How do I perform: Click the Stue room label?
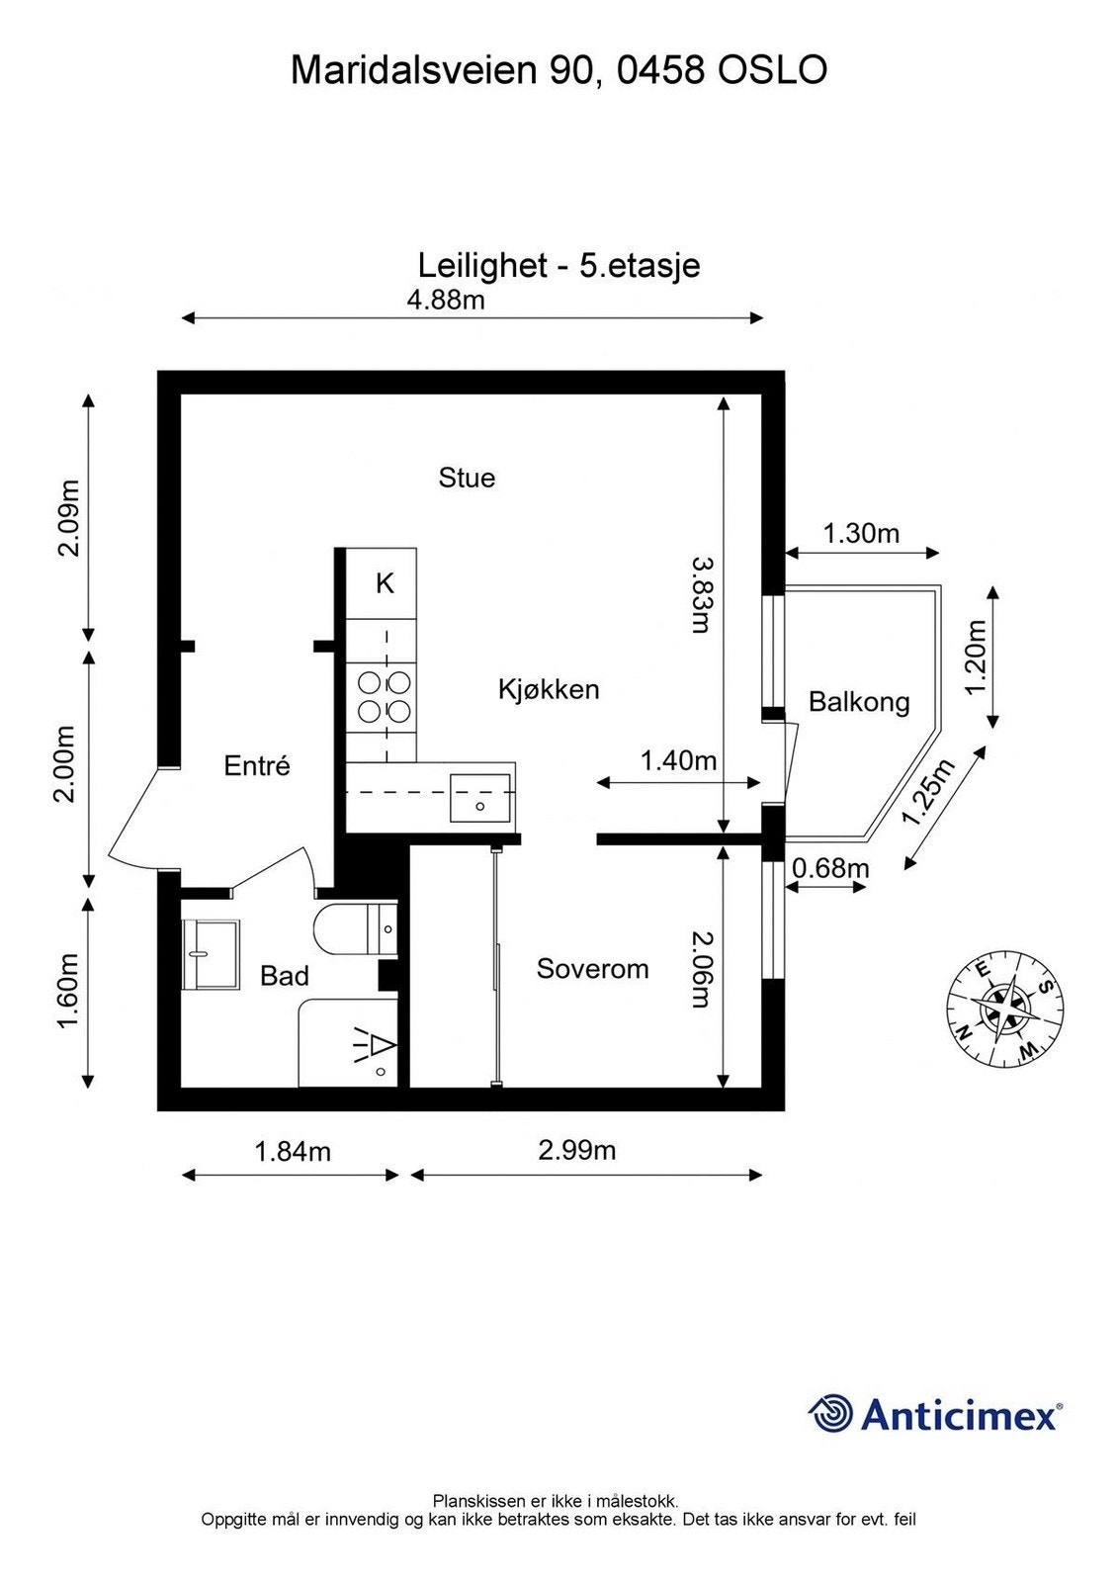467,479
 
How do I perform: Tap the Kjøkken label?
549,689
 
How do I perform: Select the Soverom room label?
592,969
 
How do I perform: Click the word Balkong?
858,703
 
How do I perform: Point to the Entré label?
257,766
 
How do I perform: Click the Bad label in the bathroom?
285,977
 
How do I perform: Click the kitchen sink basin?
480,799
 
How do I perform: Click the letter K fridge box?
385,584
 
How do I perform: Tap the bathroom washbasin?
211,953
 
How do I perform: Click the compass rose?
1005,1013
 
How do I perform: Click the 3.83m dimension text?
700,593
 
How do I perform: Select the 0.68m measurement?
830,868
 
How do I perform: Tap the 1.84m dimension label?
293,1151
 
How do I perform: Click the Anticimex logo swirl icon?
830,1413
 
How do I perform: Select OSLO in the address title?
772,71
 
